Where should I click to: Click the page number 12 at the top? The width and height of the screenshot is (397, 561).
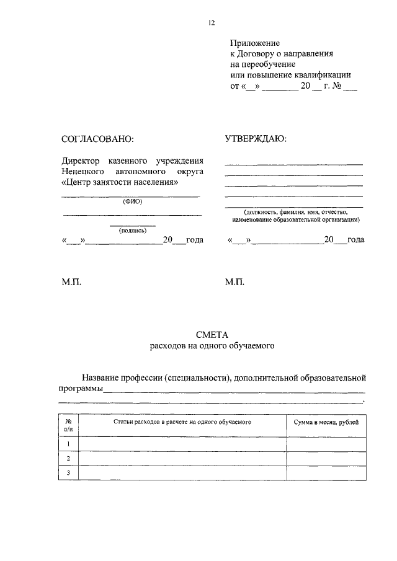pyautogui.click(x=211, y=23)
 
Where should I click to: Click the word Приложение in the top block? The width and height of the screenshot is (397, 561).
pyautogui.click(x=255, y=43)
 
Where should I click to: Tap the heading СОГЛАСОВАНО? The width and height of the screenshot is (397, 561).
pyautogui.click(x=98, y=139)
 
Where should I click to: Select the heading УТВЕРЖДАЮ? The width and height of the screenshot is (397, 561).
pyautogui.click(x=256, y=139)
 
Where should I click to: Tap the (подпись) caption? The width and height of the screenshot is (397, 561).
pyautogui.click(x=132, y=230)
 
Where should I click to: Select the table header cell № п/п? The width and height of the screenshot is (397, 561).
pyautogui.click(x=68, y=425)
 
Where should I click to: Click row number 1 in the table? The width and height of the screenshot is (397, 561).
pyautogui.click(x=68, y=444)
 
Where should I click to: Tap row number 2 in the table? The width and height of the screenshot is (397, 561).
pyautogui.click(x=68, y=459)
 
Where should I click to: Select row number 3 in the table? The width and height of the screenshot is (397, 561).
pyautogui.click(x=68, y=474)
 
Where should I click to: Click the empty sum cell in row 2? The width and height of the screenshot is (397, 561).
pyautogui.click(x=326, y=459)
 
